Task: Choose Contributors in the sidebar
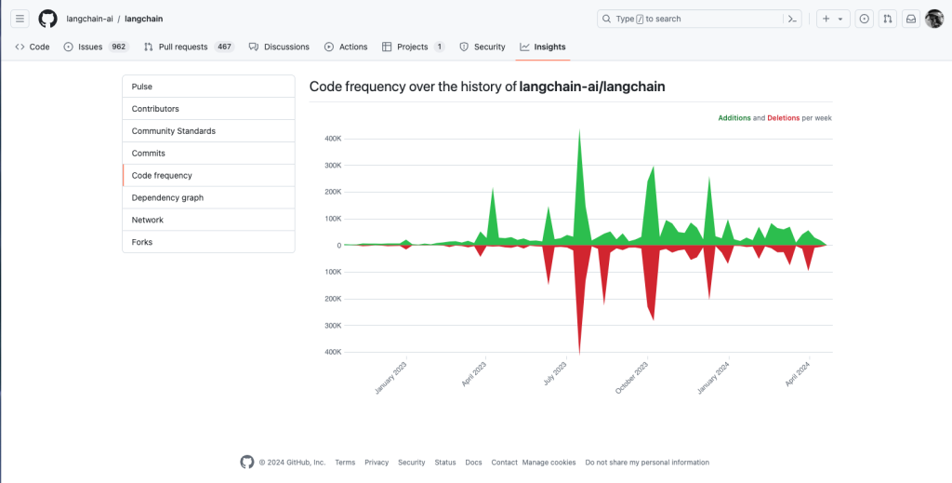155,109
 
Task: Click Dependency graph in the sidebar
167,197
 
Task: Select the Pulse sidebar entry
142,87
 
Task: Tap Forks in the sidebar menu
142,242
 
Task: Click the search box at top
688,19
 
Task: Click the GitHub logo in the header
47,19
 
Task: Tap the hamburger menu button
20,19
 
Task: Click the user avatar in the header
933,19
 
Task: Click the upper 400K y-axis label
332,139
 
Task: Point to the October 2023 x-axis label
631,378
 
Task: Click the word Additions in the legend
734,118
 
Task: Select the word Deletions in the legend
783,118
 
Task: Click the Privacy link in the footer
377,463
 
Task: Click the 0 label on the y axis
338,246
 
